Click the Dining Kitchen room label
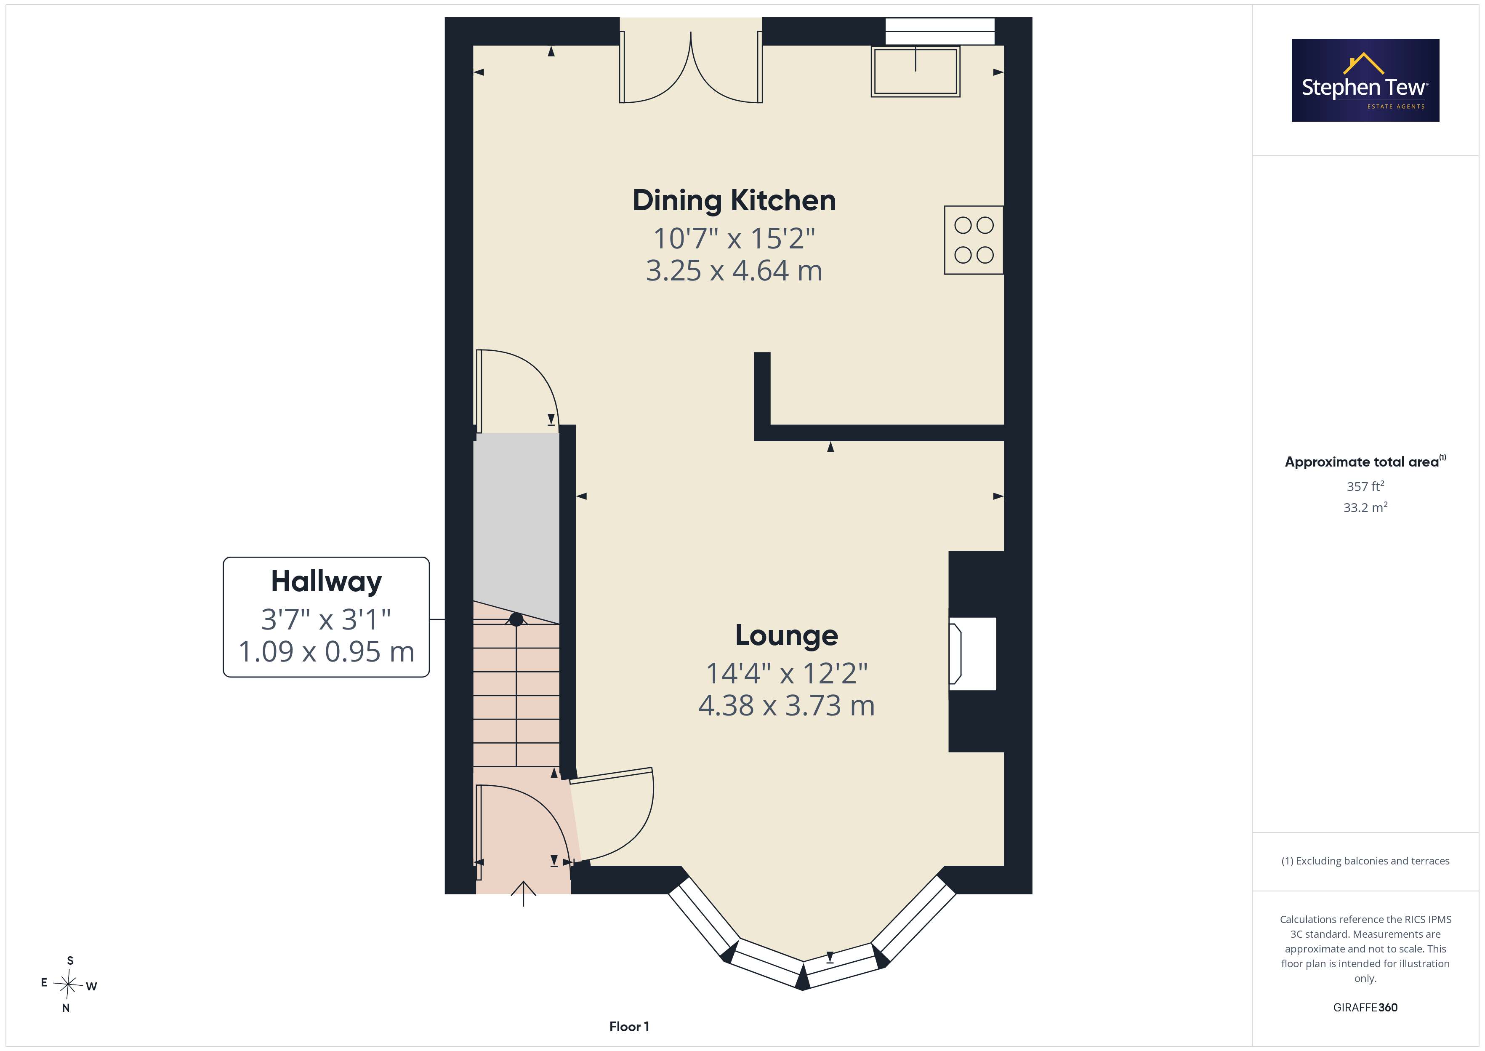[x=734, y=200]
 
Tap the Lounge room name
[x=786, y=635]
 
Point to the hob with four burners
[x=974, y=240]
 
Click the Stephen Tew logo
[x=1365, y=80]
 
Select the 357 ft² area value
[x=1365, y=486]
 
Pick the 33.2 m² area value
[x=1365, y=507]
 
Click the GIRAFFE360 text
[x=1365, y=1008]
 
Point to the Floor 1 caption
[x=629, y=1027]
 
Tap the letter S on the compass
[x=70, y=960]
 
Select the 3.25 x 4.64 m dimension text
[x=734, y=270]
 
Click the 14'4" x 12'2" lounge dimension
[x=786, y=673]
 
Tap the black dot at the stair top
[x=516, y=619]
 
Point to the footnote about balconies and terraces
[x=1365, y=861]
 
